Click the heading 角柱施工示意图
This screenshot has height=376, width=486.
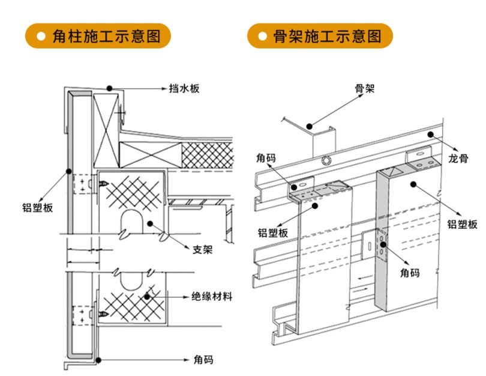107,36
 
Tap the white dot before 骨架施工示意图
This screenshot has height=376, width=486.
262,37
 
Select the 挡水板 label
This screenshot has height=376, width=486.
184,88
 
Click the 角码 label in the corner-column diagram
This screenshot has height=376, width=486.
203,360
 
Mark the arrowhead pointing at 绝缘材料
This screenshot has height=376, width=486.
185,297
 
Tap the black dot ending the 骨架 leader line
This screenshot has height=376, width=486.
309,126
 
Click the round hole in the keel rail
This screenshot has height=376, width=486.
326,160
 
